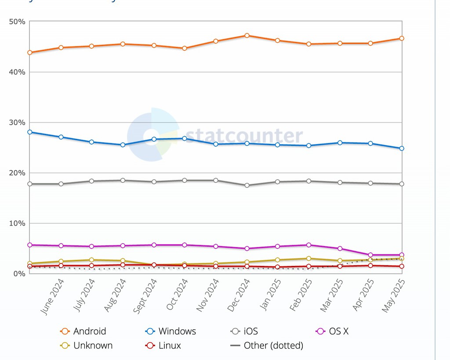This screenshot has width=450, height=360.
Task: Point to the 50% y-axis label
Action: click(x=17, y=22)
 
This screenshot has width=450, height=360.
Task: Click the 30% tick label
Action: click(x=17, y=122)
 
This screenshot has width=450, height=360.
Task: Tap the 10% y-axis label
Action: click(x=17, y=223)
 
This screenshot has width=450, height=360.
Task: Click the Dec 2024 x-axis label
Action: click(x=238, y=296)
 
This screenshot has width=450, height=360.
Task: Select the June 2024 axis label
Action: click(x=52, y=298)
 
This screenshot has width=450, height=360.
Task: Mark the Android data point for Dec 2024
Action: click(x=247, y=36)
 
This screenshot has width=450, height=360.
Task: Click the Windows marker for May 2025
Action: click(x=402, y=149)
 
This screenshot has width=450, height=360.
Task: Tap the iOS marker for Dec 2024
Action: click(x=247, y=185)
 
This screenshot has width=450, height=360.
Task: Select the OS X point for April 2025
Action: click(x=370, y=255)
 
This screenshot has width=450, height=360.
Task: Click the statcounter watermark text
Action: click(x=243, y=136)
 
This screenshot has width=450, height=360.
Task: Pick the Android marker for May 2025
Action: click(x=402, y=39)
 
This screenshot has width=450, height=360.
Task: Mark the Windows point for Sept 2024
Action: click(x=154, y=139)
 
